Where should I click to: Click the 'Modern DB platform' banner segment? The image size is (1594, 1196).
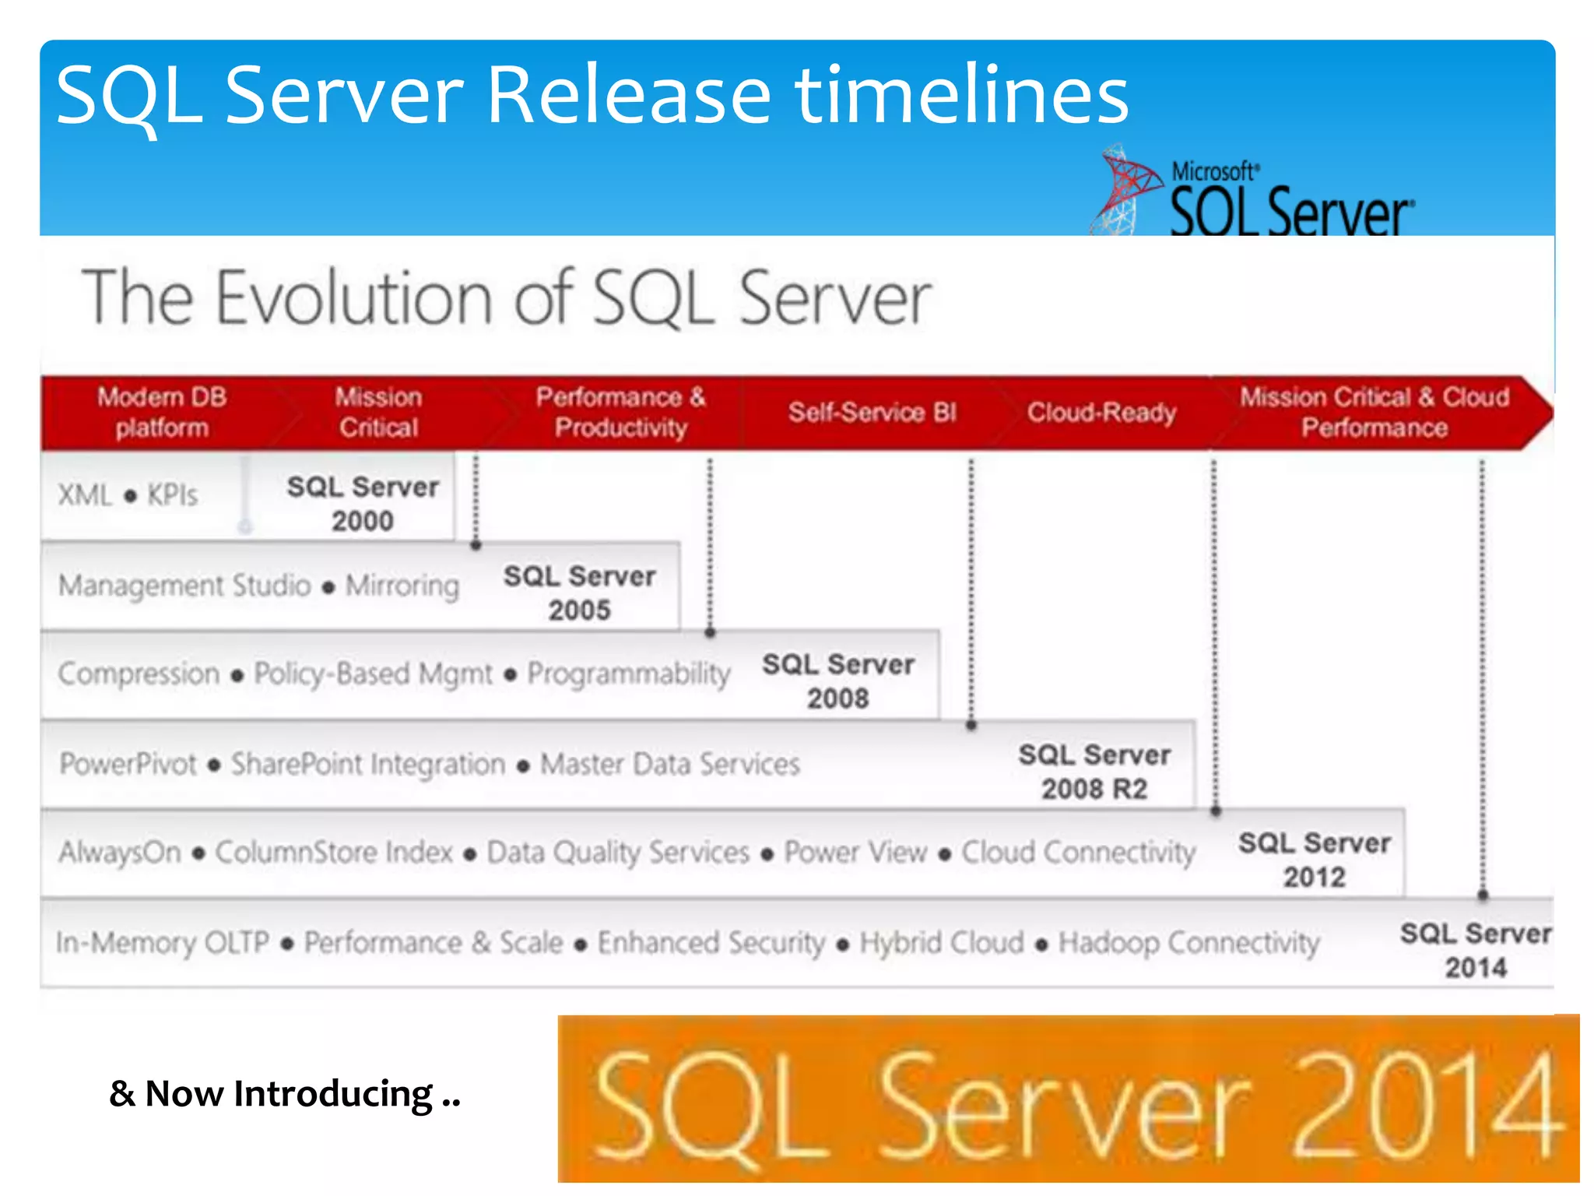(162, 413)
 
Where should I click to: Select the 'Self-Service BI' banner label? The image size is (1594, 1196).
(872, 412)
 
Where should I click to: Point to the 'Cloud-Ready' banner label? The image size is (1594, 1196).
(1101, 412)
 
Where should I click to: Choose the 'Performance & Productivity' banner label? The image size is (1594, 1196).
(620, 413)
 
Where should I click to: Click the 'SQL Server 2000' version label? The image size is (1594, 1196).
(363, 503)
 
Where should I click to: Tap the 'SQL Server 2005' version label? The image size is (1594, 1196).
(579, 593)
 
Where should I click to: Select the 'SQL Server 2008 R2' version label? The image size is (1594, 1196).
(1094, 772)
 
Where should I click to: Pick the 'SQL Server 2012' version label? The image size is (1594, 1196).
(1314, 860)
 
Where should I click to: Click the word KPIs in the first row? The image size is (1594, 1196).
(172, 495)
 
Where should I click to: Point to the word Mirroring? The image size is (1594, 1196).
(402, 586)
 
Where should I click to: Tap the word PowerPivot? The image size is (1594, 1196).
(128, 764)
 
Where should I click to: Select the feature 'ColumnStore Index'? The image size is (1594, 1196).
(334, 853)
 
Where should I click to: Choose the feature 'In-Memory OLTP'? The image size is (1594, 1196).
(163, 943)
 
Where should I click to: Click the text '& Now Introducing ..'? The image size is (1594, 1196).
(285, 1094)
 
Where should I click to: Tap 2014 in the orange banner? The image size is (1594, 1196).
(1426, 1106)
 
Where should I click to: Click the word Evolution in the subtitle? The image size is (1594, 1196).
(354, 298)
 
